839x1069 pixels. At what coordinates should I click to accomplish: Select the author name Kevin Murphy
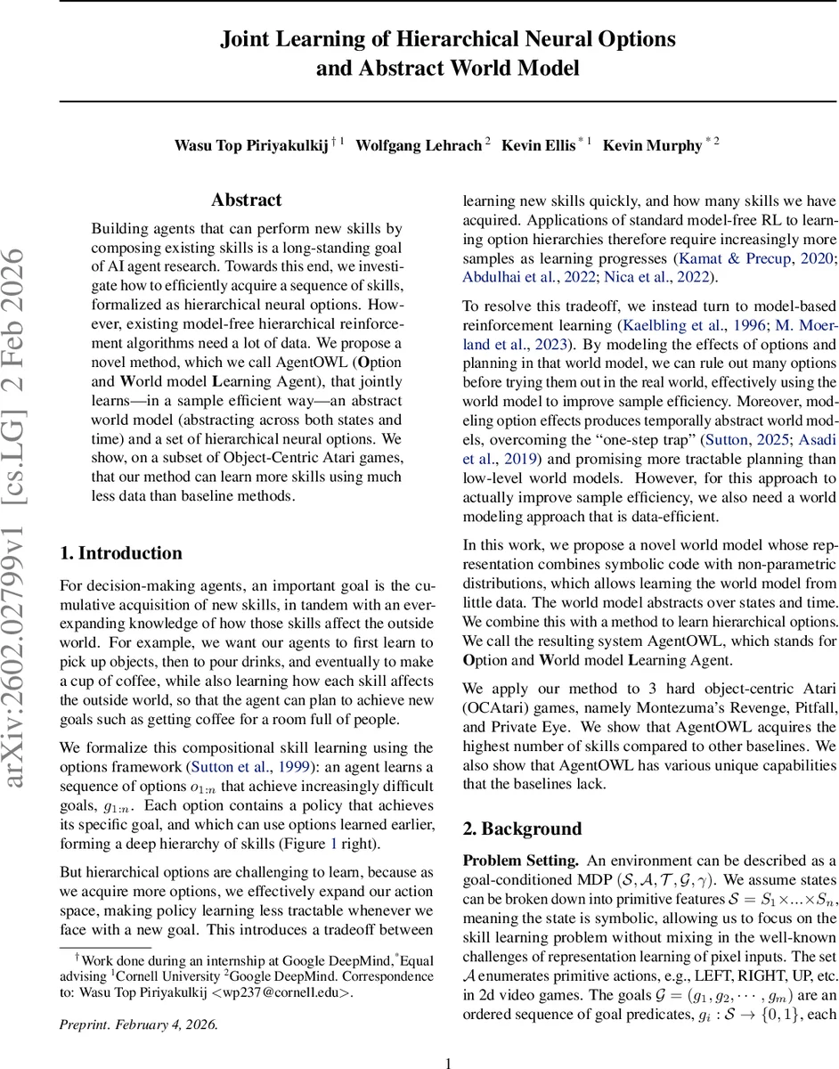tap(652, 145)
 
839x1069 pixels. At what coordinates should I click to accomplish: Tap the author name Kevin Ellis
tap(538, 145)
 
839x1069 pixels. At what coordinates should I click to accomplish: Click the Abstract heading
tap(247, 200)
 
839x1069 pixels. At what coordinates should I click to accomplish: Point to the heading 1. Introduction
tap(120, 553)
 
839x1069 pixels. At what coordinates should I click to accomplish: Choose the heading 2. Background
tap(522, 828)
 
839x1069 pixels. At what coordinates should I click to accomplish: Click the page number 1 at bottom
tap(448, 1056)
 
